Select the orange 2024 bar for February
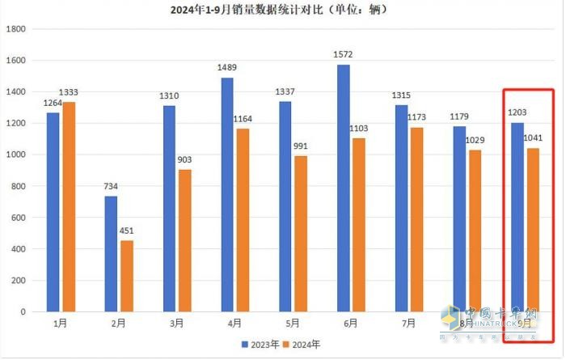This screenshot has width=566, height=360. (x=127, y=276)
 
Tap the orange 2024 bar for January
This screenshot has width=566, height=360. (x=69, y=207)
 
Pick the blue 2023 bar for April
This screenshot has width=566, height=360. (x=227, y=194)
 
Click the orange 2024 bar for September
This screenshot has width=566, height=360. (x=532, y=230)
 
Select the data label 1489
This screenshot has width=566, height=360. (x=228, y=68)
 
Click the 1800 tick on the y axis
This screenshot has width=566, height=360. (x=17, y=28)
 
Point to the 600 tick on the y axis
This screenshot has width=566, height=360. (x=19, y=218)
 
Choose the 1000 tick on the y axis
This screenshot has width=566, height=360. (x=17, y=155)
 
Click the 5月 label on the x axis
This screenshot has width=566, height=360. (x=292, y=324)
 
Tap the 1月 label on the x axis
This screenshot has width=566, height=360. (x=61, y=324)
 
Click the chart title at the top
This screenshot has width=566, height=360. (x=279, y=10)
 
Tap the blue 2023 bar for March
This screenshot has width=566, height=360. (x=169, y=209)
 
